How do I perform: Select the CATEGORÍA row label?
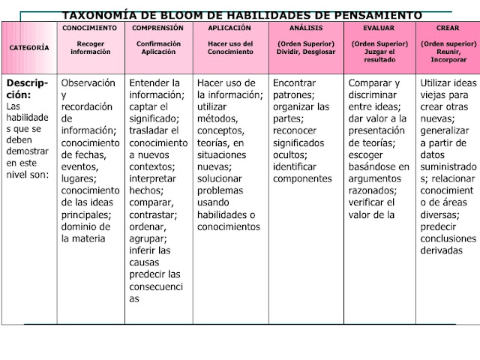click(x=29, y=47)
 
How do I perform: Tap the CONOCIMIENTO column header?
click(x=90, y=28)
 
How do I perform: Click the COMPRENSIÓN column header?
click(x=158, y=28)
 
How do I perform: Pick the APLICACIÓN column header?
click(x=229, y=28)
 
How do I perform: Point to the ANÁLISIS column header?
click(x=305, y=28)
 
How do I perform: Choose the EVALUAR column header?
click(x=379, y=28)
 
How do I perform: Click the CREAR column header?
click(x=448, y=28)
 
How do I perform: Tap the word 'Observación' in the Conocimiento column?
click(x=88, y=83)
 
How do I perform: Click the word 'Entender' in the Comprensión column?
click(x=154, y=83)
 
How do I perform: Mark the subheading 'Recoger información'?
click(x=90, y=48)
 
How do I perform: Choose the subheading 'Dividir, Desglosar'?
click(x=305, y=52)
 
